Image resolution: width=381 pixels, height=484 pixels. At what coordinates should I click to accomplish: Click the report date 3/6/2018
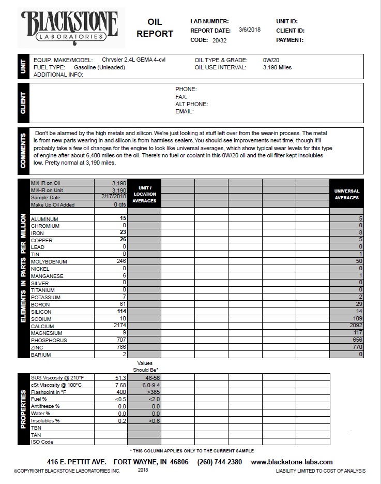click(x=250, y=30)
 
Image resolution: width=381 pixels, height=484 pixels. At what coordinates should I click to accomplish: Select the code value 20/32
click(x=220, y=40)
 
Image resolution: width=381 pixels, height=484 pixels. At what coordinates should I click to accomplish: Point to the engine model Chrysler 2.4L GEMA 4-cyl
click(x=133, y=60)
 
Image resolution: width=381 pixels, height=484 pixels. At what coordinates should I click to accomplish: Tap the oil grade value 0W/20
click(x=271, y=60)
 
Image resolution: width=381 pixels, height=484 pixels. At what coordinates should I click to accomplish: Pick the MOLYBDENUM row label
click(x=48, y=262)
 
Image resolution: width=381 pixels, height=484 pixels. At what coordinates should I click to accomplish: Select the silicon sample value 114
click(x=120, y=312)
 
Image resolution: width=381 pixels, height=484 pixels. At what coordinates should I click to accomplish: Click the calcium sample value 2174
click(x=120, y=326)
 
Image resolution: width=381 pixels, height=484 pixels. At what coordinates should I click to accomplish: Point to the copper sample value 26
click(x=123, y=240)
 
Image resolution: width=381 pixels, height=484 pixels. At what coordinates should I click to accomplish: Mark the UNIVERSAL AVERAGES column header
click(x=347, y=194)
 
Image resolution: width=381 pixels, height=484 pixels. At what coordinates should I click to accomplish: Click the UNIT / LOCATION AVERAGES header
click(x=144, y=194)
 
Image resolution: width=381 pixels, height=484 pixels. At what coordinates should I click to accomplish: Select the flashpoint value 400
click(x=121, y=392)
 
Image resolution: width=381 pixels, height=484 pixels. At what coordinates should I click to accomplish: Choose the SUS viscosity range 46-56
click(x=145, y=378)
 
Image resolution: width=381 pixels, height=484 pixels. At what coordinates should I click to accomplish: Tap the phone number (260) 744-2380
click(x=219, y=462)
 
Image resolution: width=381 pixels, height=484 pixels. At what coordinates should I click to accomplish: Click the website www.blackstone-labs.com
click(x=292, y=462)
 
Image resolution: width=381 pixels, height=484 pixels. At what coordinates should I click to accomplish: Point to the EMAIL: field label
click(x=184, y=111)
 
